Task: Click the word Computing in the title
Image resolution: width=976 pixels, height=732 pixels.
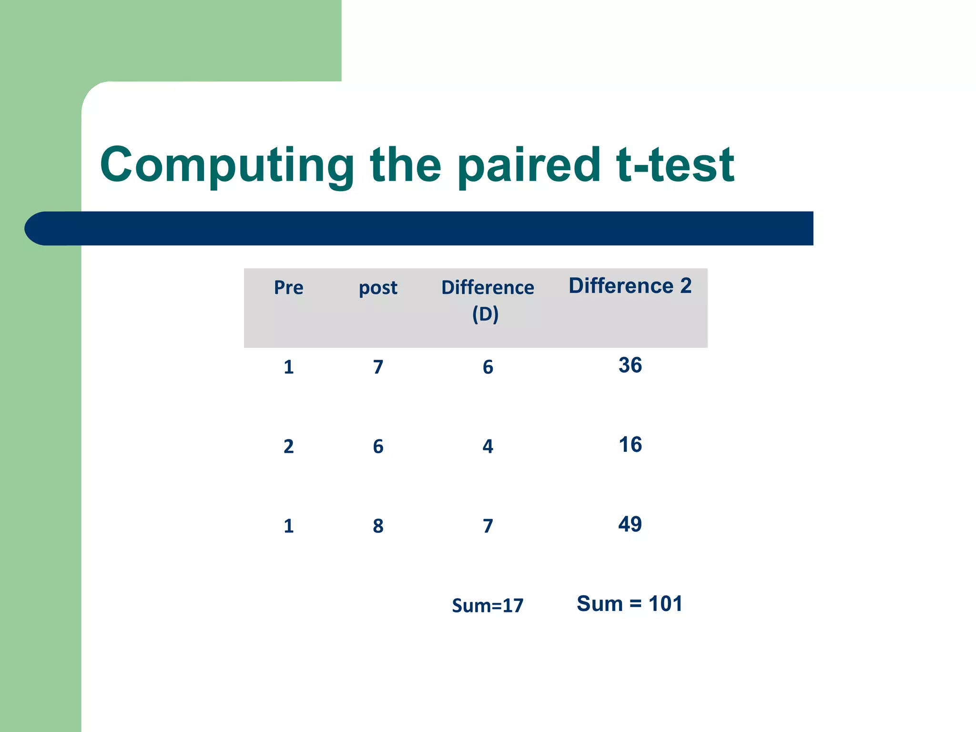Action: tap(227, 166)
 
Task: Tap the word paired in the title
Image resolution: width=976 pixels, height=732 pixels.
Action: tap(528, 166)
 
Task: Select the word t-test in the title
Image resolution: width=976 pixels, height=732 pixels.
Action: tap(675, 166)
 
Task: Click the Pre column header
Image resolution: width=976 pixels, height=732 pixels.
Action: tap(288, 288)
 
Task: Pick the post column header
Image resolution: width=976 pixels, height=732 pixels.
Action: tap(378, 288)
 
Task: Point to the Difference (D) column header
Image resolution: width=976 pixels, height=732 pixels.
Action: tap(487, 300)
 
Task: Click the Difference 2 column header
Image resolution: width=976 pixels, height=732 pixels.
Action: tap(630, 286)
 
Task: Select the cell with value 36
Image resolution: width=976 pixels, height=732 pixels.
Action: tap(630, 366)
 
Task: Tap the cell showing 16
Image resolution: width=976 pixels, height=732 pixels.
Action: tap(630, 445)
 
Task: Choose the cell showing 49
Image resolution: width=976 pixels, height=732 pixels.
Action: tap(630, 525)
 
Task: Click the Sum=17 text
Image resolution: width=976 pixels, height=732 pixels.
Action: tap(487, 606)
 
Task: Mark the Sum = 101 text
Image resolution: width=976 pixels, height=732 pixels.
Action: tap(629, 604)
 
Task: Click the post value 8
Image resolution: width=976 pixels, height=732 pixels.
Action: tap(378, 526)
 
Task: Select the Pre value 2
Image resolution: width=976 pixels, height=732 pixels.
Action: tap(288, 447)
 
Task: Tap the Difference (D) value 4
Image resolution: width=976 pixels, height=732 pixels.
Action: tap(488, 447)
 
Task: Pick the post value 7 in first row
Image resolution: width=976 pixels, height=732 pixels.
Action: tap(378, 367)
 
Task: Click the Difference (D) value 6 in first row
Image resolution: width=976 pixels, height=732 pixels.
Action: tap(488, 367)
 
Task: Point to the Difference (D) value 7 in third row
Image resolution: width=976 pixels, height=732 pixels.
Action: tap(488, 526)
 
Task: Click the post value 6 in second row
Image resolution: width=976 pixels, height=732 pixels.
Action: tap(378, 447)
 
